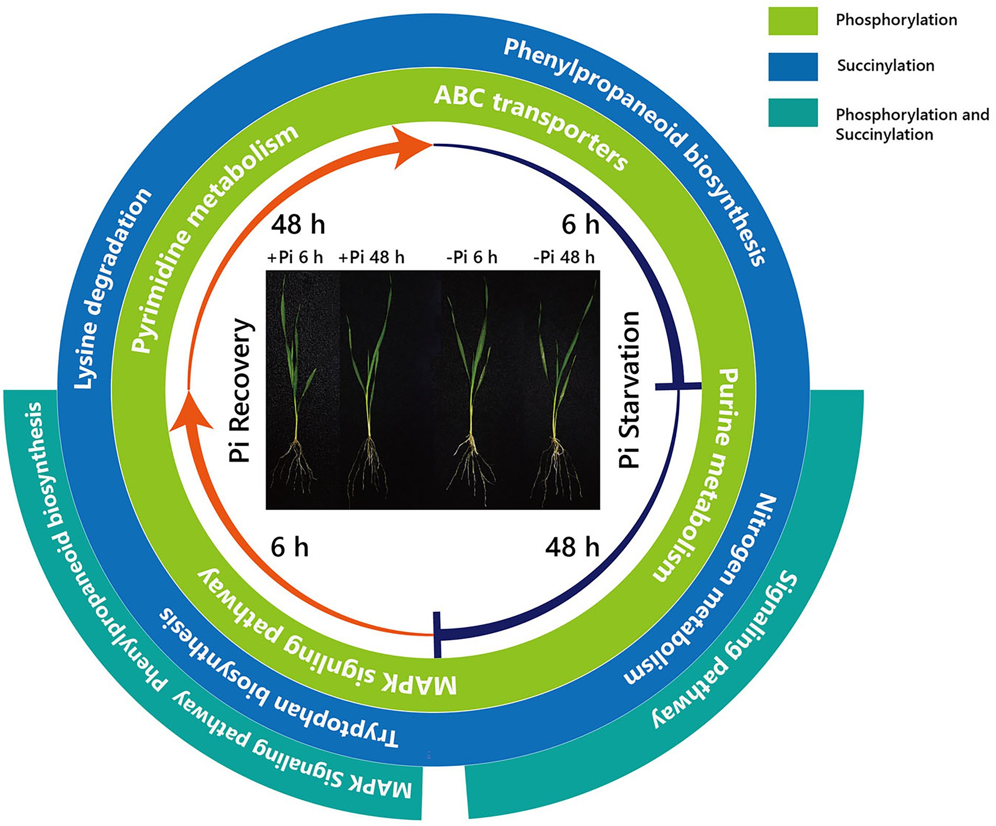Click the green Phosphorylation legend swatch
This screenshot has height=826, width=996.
[792, 21]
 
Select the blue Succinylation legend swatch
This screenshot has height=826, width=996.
[792, 67]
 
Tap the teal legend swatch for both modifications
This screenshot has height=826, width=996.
[792, 112]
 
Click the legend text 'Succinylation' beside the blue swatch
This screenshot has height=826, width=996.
[886, 65]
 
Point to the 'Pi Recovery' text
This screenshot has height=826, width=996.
[241, 390]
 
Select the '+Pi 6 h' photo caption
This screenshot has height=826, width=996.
[295, 258]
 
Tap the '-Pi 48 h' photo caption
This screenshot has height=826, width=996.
[564, 258]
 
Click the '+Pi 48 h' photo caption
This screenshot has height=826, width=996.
[371, 258]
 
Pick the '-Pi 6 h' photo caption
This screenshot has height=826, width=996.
[471, 258]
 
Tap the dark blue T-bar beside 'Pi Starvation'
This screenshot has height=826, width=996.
[678, 386]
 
